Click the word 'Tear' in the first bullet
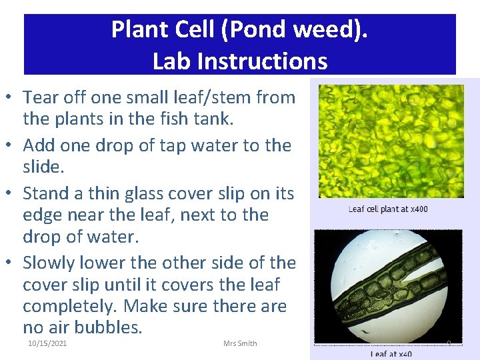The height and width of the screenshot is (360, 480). point(41,97)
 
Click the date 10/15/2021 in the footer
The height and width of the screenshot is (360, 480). point(47,343)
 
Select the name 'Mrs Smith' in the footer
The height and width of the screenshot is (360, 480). point(240,343)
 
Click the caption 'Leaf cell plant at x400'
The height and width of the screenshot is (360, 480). point(388,209)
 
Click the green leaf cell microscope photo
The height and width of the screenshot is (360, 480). point(391,141)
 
